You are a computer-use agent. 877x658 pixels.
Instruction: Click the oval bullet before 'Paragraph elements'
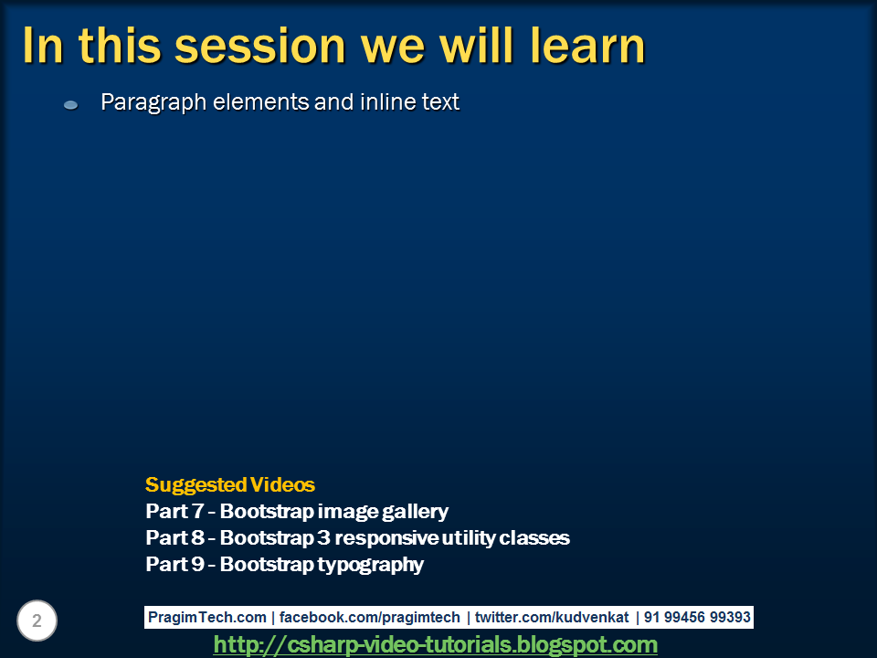(71, 106)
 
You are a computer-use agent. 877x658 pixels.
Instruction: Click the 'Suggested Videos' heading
(230, 484)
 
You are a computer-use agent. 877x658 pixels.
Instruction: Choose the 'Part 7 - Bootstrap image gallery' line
(297, 511)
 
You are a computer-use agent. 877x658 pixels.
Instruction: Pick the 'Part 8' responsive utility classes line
(357, 537)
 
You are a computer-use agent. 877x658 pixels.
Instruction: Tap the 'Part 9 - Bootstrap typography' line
(284, 564)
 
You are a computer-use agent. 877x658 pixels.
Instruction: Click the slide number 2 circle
(37, 621)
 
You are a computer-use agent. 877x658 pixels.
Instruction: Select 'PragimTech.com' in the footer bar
(207, 618)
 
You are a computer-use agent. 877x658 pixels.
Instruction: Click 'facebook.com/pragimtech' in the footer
(369, 618)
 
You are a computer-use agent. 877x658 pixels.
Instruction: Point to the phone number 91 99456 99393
(697, 618)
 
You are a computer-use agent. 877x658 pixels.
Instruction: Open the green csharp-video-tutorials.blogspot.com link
(435, 645)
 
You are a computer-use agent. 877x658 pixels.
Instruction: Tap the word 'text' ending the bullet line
(440, 102)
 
